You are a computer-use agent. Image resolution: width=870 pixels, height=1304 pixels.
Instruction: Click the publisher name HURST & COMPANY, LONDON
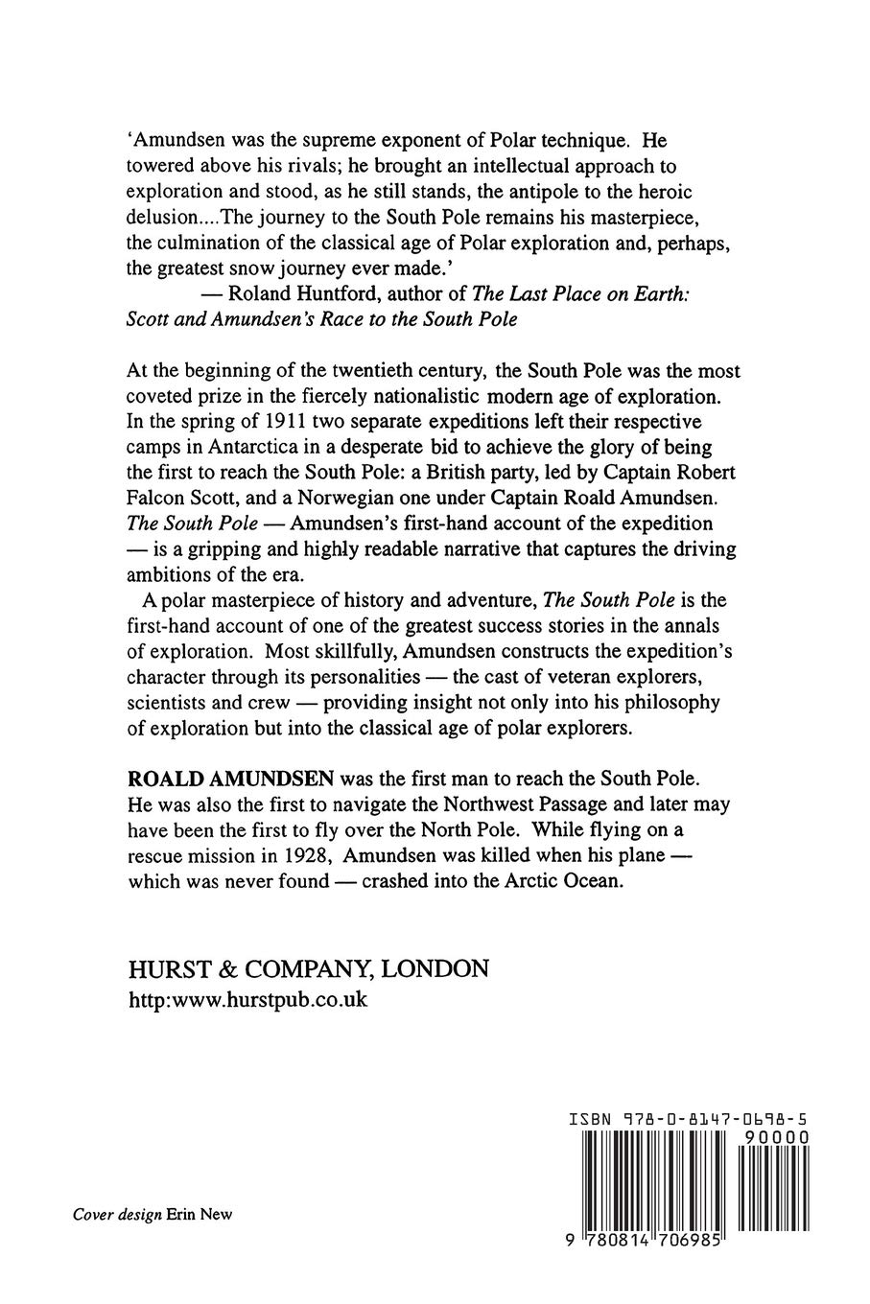[x=308, y=968]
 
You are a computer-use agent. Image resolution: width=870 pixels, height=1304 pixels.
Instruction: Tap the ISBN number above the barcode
[x=689, y=1118]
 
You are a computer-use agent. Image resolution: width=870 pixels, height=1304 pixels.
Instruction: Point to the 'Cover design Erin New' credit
[x=153, y=1214]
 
